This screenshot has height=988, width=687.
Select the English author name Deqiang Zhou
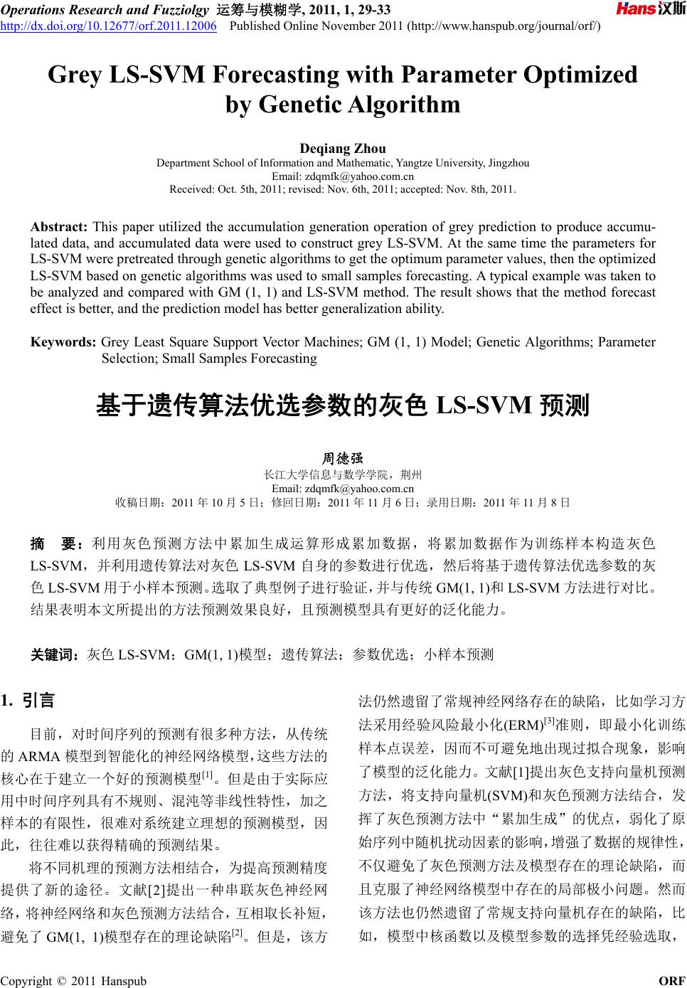pyautogui.click(x=343, y=149)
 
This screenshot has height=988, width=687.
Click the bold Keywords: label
pyautogui.click(x=63, y=342)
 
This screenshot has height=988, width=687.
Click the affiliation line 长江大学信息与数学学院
pyautogui.click(x=343, y=474)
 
